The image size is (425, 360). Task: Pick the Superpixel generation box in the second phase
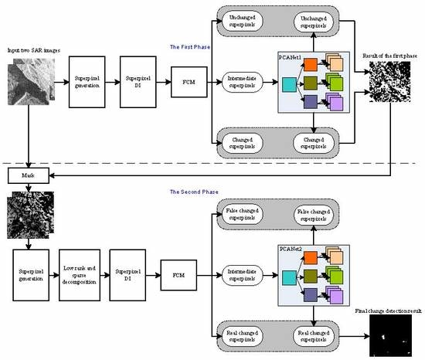tap(30, 273)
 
